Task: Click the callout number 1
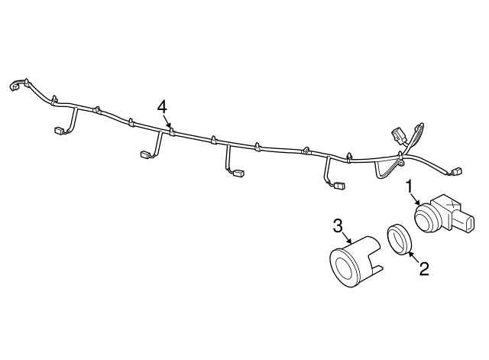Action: (x=410, y=185)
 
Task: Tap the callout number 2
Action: (x=423, y=268)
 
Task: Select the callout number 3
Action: (x=337, y=225)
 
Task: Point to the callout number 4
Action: (x=162, y=106)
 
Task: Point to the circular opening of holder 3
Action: (x=342, y=266)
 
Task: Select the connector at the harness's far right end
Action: (x=457, y=171)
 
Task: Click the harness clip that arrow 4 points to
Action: (x=173, y=131)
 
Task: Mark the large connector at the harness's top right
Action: (x=398, y=136)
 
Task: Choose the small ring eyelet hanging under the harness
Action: (x=400, y=164)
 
